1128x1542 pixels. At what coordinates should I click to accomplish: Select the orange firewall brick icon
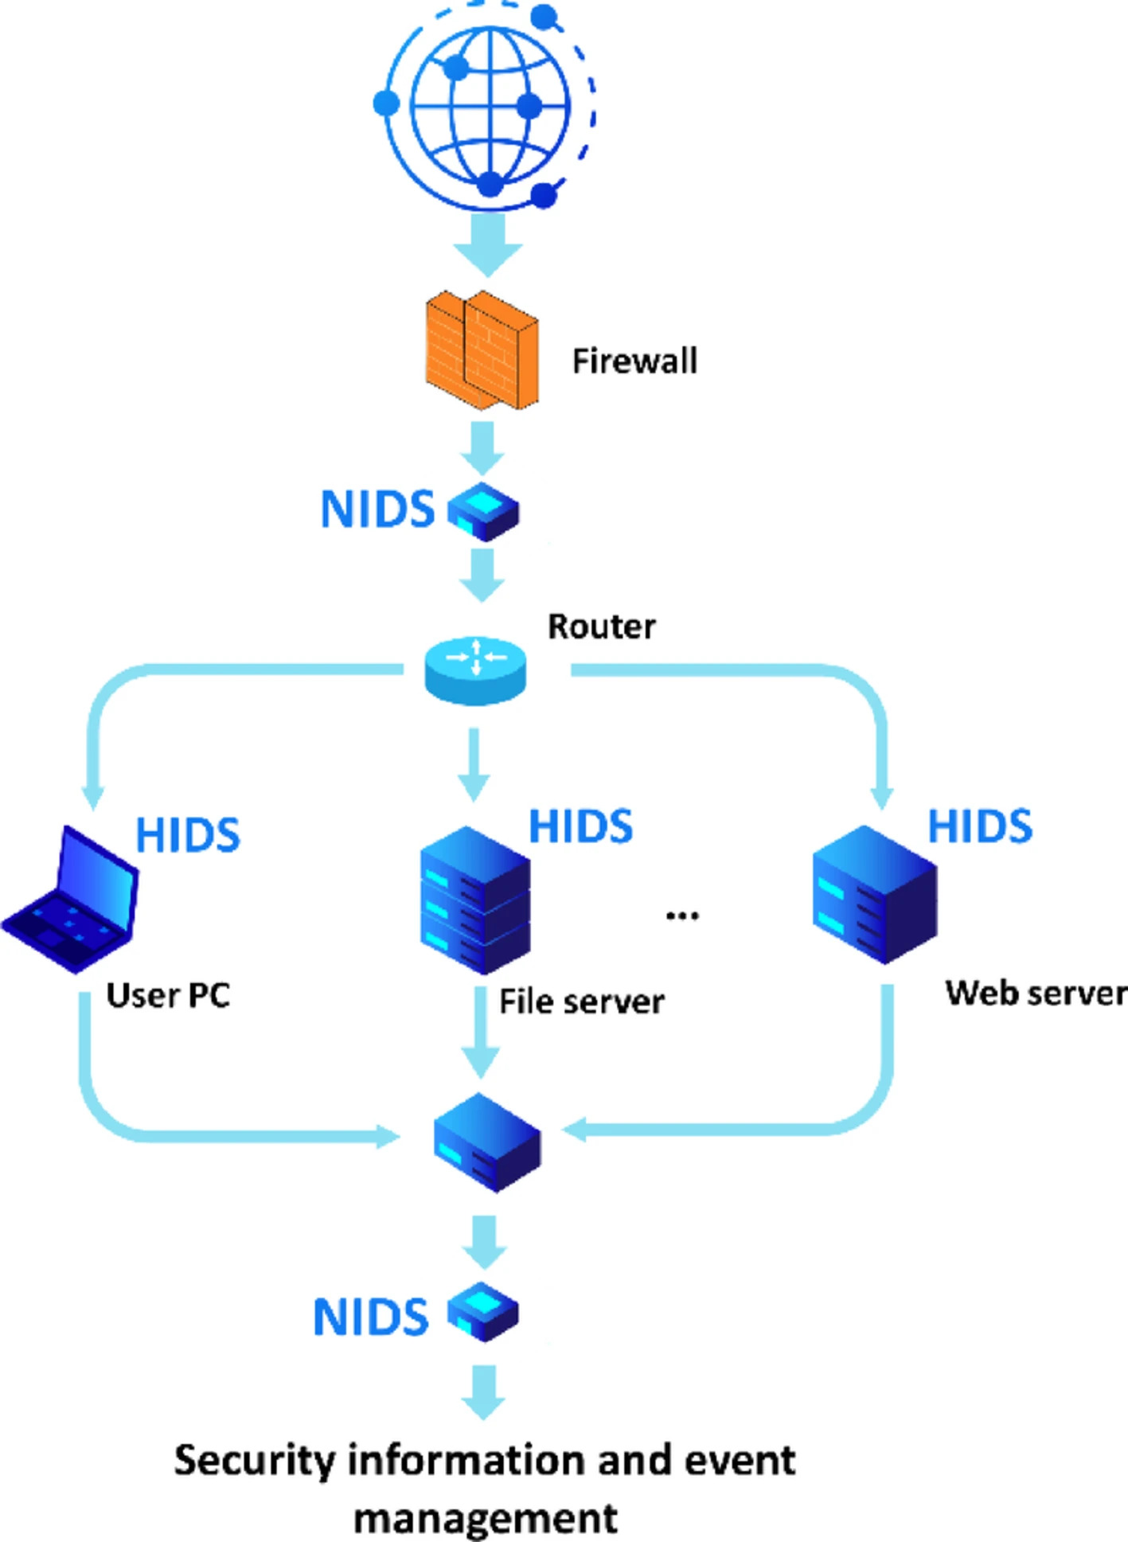coord(482,350)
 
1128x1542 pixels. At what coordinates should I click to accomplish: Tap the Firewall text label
coord(634,361)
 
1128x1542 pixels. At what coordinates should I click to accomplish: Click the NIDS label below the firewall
coord(377,509)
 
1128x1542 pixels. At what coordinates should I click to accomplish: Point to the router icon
coord(475,670)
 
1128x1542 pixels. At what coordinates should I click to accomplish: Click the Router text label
coord(602,627)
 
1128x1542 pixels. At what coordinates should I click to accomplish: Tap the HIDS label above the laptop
coord(188,835)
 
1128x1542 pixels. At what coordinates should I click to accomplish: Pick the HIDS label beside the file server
coord(581,826)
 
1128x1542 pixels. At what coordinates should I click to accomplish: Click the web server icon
coord(874,894)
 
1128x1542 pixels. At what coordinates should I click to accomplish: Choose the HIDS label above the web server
coord(980,826)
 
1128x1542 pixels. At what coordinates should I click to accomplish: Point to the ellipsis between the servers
coord(682,915)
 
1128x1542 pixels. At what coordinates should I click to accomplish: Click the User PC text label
coord(168,996)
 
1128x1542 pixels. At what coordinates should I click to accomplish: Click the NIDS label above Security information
coord(371,1318)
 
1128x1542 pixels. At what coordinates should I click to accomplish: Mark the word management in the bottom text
coord(486,1518)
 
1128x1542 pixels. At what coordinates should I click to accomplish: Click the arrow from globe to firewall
coord(488,243)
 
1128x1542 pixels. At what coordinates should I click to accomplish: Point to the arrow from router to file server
coord(474,764)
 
